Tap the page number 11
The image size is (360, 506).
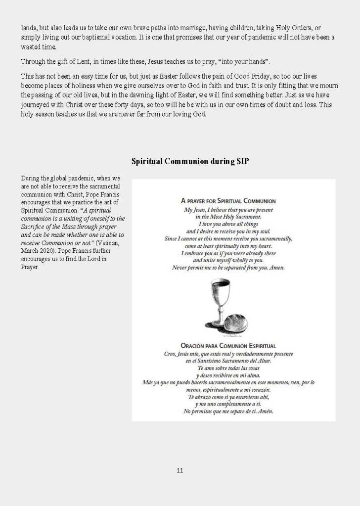(x=180, y=470)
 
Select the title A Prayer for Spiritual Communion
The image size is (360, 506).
(x=228, y=201)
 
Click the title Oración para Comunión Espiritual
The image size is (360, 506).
(x=228, y=346)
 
